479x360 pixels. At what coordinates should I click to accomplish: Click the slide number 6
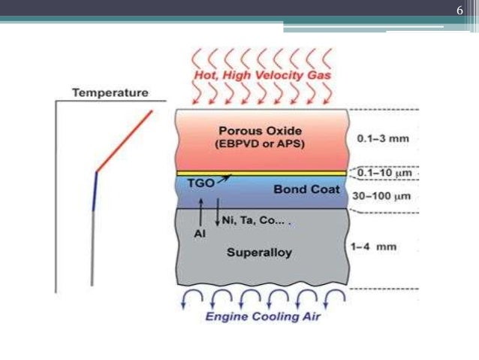[x=459, y=11]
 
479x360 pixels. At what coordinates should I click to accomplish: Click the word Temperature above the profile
[x=110, y=92]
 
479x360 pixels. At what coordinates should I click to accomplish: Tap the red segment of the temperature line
[x=125, y=141]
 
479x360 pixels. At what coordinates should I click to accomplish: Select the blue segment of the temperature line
[x=95, y=192]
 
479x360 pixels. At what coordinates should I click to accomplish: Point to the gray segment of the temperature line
[x=92, y=248]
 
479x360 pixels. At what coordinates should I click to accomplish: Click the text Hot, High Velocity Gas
[x=263, y=75]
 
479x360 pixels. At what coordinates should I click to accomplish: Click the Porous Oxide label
[x=261, y=131]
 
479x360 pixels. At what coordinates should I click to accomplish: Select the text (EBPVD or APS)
[x=260, y=144]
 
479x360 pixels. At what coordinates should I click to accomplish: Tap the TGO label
[x=200, y=183]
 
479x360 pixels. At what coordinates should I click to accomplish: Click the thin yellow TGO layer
[x=262, y=174]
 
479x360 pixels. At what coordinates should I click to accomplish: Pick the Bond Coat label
[x=306, y=189]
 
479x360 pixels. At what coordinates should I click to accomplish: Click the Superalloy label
[x=259, y=253]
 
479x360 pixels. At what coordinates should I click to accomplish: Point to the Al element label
[x=200, y=234]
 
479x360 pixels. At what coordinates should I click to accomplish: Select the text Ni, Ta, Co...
[x=249, y=220]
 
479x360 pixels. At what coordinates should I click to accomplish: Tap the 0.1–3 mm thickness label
[x=383, y=138]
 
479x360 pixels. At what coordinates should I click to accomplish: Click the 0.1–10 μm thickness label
[x=384, y=173]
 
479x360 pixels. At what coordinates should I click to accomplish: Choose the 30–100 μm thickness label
[x=381, y=195]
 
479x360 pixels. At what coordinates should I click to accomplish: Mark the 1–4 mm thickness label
[x=373, y=247]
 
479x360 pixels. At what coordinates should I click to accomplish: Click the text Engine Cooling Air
[x=263, y=316]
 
